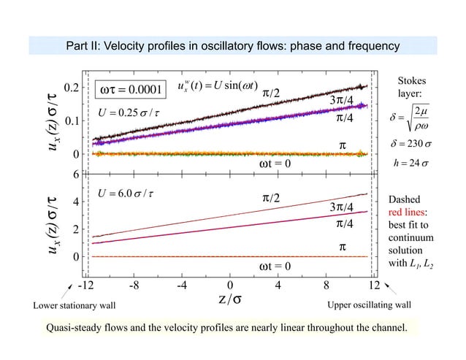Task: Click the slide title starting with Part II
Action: click(232, 46)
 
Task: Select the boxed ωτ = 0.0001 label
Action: click(129, 90)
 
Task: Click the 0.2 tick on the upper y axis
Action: click(71, 88)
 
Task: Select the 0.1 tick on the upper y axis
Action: click(71, 121)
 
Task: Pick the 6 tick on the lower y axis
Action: click(75, 174)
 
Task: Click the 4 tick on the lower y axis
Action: click(75, 201)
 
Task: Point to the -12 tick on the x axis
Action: click(87, 285)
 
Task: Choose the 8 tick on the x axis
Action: click(326, 285)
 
